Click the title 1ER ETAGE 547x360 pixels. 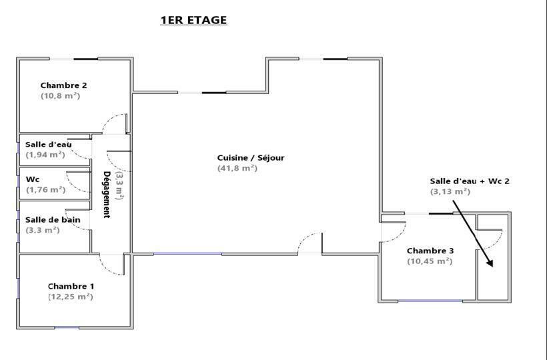coord(193,20)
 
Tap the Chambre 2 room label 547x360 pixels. coord(63,85)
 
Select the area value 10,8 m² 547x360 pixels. coord(60,96)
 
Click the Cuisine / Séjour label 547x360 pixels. coord(251,158)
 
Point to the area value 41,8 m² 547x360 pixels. coord(237,168)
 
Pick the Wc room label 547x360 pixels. coord(33,179)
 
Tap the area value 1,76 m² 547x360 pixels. coord(46,190)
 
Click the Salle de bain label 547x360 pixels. coord(53,220)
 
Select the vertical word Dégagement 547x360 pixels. coord(107,195)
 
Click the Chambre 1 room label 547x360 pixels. coord(71,287)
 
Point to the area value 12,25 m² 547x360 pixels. coord(71,297)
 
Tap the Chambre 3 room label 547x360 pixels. coord(430,251)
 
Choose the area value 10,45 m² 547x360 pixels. coord(430,261)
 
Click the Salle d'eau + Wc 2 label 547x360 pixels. coord(470,181)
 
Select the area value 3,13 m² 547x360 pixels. coord(450,192)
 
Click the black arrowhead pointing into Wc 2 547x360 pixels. coord(490,263)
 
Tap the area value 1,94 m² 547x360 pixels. coord(45,155)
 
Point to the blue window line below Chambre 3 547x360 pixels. coord(430,301)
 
